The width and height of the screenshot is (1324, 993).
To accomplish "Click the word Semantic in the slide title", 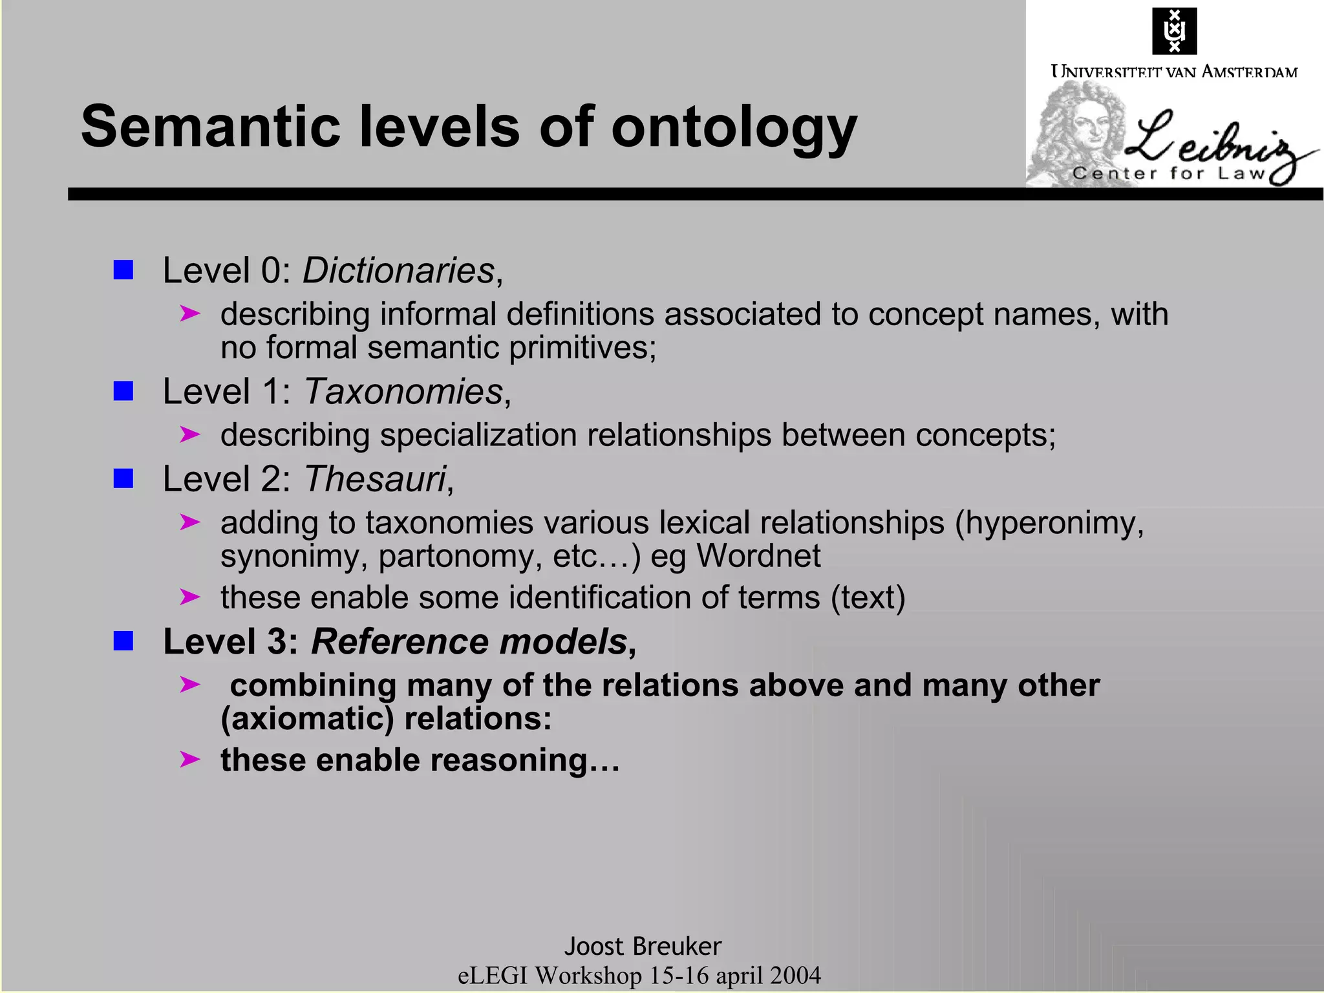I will (210, 126).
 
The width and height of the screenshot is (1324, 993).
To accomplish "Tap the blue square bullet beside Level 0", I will (123, 270).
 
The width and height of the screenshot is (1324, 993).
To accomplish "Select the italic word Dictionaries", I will (398, 270).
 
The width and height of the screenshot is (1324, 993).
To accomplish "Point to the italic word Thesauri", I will (375, 479).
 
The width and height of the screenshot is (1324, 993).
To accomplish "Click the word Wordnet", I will (758, 556).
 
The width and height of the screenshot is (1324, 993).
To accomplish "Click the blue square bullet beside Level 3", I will (123, 641).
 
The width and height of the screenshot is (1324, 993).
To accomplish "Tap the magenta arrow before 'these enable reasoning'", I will (189, 759).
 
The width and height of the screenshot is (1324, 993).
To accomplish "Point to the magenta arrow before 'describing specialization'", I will (189, 434).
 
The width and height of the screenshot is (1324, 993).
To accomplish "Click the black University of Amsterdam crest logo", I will (1174, 30).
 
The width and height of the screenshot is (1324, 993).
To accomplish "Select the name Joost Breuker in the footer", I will (643, 946).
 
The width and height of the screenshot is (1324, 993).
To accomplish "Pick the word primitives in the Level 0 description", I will (582, 348).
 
